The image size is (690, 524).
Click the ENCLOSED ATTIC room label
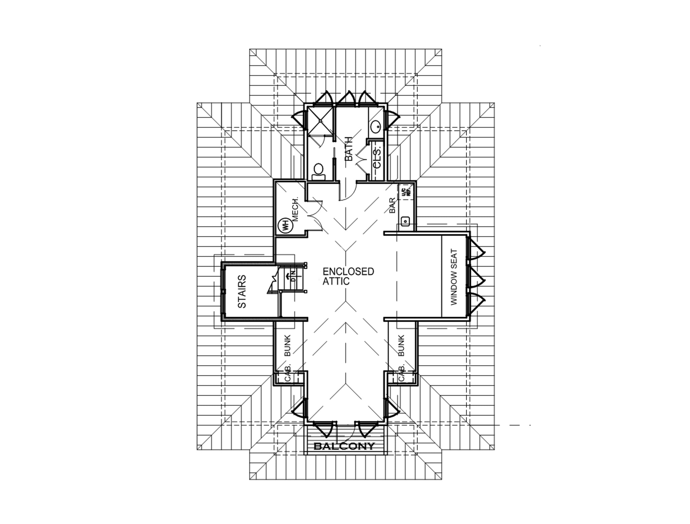click(348, 276)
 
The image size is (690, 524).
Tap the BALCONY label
click(344, 447)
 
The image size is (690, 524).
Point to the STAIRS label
click(242, 291)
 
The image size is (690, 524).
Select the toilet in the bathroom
click(318, 171)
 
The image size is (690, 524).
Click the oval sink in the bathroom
click(376, 127)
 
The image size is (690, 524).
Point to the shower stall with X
click(320, 120)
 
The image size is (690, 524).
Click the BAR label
click(392, 205)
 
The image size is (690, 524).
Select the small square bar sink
click(406, 221)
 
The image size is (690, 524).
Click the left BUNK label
click(287, 345)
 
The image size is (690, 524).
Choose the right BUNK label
click(401, 345)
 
